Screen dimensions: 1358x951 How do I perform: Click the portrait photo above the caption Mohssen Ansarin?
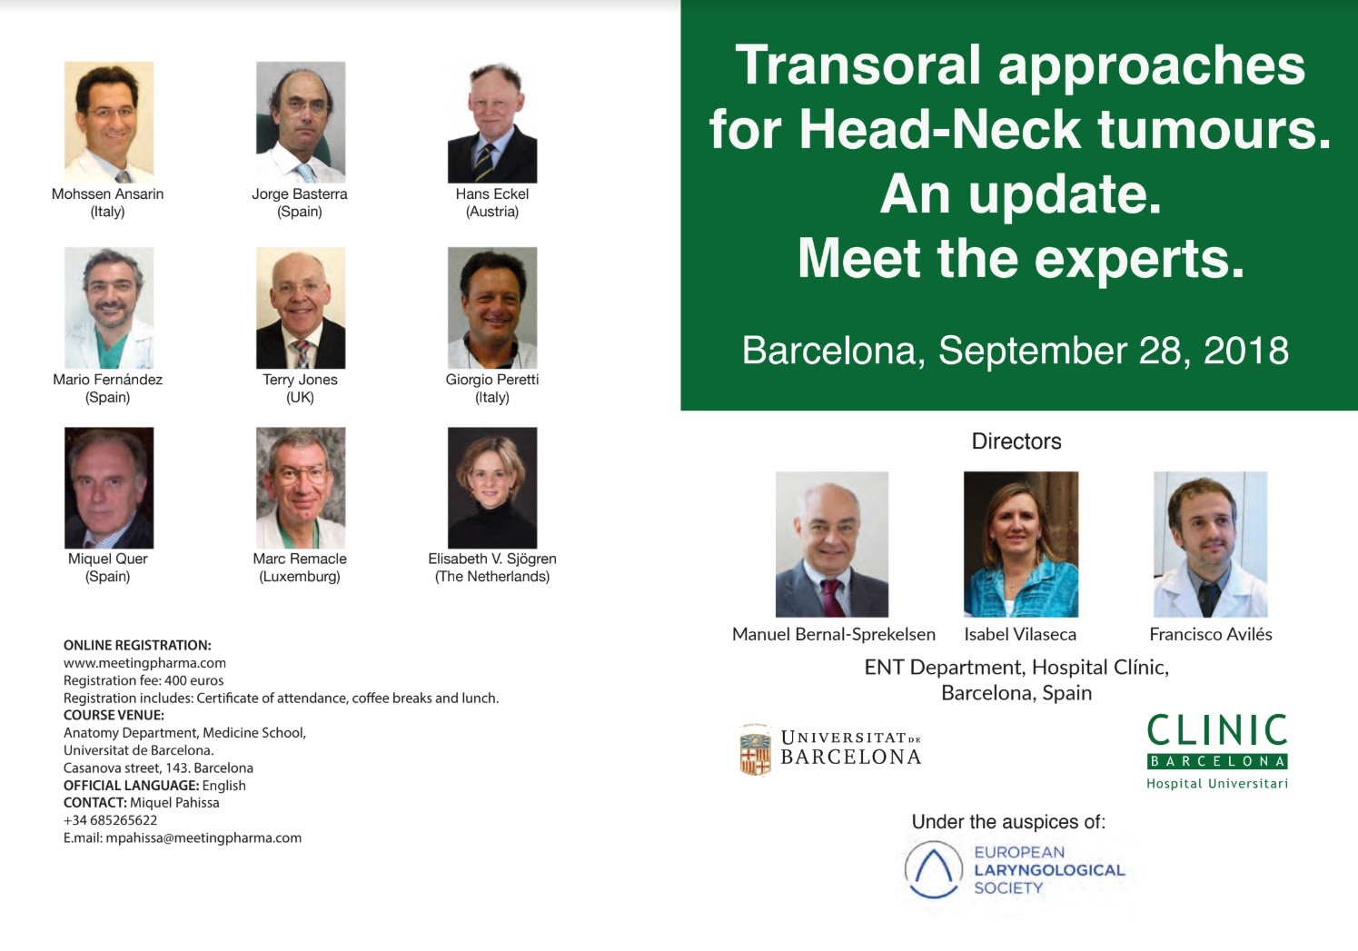point(109,122)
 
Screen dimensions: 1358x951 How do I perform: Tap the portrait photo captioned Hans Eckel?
point(492,122)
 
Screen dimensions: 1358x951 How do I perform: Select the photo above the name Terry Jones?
point(301,308)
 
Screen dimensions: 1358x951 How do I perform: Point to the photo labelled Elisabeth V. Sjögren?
point(492,488)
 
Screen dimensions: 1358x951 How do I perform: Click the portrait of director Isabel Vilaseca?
point(1021,544)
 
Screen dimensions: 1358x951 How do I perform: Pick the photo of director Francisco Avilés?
point(1210,544)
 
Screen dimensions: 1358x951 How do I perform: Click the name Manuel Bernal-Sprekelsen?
point(834,635)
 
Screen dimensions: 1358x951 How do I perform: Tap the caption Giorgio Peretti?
point(491,380)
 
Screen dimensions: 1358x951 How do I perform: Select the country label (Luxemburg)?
point(300,577)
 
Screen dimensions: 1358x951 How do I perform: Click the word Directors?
point(1016,441)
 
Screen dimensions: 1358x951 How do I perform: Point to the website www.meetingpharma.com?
point(144,663)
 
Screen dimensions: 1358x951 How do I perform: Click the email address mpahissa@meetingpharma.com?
point(203,838)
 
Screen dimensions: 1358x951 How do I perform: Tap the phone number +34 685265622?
point(110,821)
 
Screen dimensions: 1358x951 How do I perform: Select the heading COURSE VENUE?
point(114,715)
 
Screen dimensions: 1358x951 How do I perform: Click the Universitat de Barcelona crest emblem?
point(755,750)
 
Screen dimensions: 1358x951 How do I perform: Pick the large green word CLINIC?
point(1217,729)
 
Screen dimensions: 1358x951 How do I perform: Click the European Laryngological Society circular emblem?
point(933,869)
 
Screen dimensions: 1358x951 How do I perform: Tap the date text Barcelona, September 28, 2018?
point(1016,351)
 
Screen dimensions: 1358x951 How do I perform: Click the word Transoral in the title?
point(858,64)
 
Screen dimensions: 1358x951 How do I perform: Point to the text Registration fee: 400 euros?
point(144,680)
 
